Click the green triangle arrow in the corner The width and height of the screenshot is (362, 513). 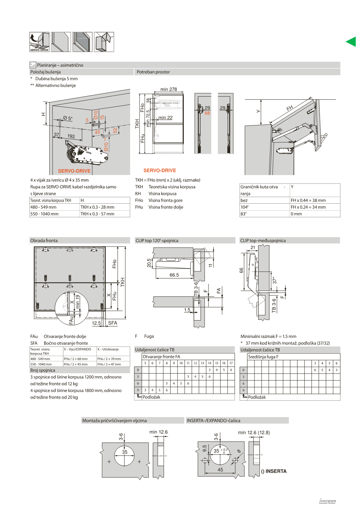[x=351, y=42]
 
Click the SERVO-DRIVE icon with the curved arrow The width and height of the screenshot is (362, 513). [x=39, y=42]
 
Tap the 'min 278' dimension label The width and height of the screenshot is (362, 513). [x=168, y=89]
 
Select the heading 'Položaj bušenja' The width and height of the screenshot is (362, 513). [x=46, y=72]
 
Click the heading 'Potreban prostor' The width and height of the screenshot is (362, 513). [x=153, y=72]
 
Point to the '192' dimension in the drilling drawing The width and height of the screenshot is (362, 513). [x=71, y=136]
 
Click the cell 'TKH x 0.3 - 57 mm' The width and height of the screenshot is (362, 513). [x=97, y=214]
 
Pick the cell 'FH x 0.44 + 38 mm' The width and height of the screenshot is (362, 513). [x=308, y=200]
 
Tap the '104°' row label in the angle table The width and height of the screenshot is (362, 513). [x=244, y=207]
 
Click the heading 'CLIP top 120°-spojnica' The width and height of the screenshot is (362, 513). [x=157, y=240]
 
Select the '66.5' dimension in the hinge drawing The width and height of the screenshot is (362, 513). [x=174, y=275]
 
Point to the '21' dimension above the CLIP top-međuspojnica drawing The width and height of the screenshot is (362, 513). [x=253, y=248]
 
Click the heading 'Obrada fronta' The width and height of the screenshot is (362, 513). [x=44, y=240]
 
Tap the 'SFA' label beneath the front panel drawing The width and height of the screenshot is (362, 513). [x=112, y=323]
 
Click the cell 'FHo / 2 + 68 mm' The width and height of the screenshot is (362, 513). [x=76, y=359]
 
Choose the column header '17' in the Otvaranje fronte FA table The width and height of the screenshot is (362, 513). [x=231, y=363]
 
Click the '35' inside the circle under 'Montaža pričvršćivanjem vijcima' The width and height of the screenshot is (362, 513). [x=125, y=452]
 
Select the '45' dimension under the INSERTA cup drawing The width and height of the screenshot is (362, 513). [x=220, y=470]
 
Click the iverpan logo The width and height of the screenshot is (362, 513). [x=328, y=501]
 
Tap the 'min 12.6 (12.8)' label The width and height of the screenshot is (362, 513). [x=254, y=432]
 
